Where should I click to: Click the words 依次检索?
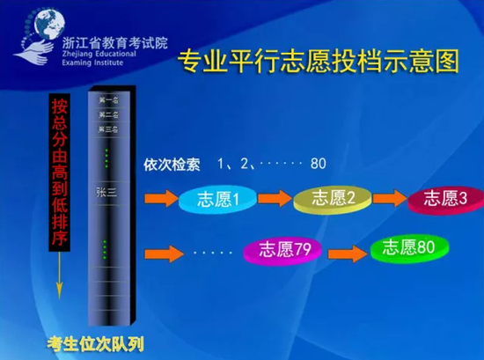(x=172, y=164)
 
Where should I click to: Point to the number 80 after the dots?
(x=318, y=164)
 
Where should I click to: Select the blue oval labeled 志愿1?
(x=215, y=201)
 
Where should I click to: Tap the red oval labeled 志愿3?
(x=444, y=198)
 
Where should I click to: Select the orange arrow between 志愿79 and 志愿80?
(x=347, y=251)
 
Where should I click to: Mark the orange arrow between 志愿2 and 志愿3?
(x=389, y=198)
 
